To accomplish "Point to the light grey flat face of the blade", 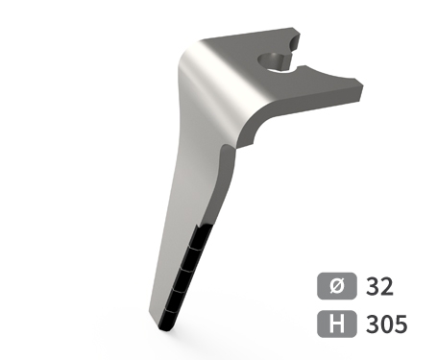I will (178, 192).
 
